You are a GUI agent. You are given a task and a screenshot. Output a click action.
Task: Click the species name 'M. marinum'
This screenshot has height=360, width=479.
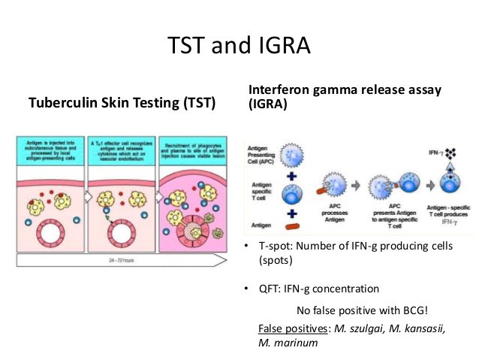(287, 343)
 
